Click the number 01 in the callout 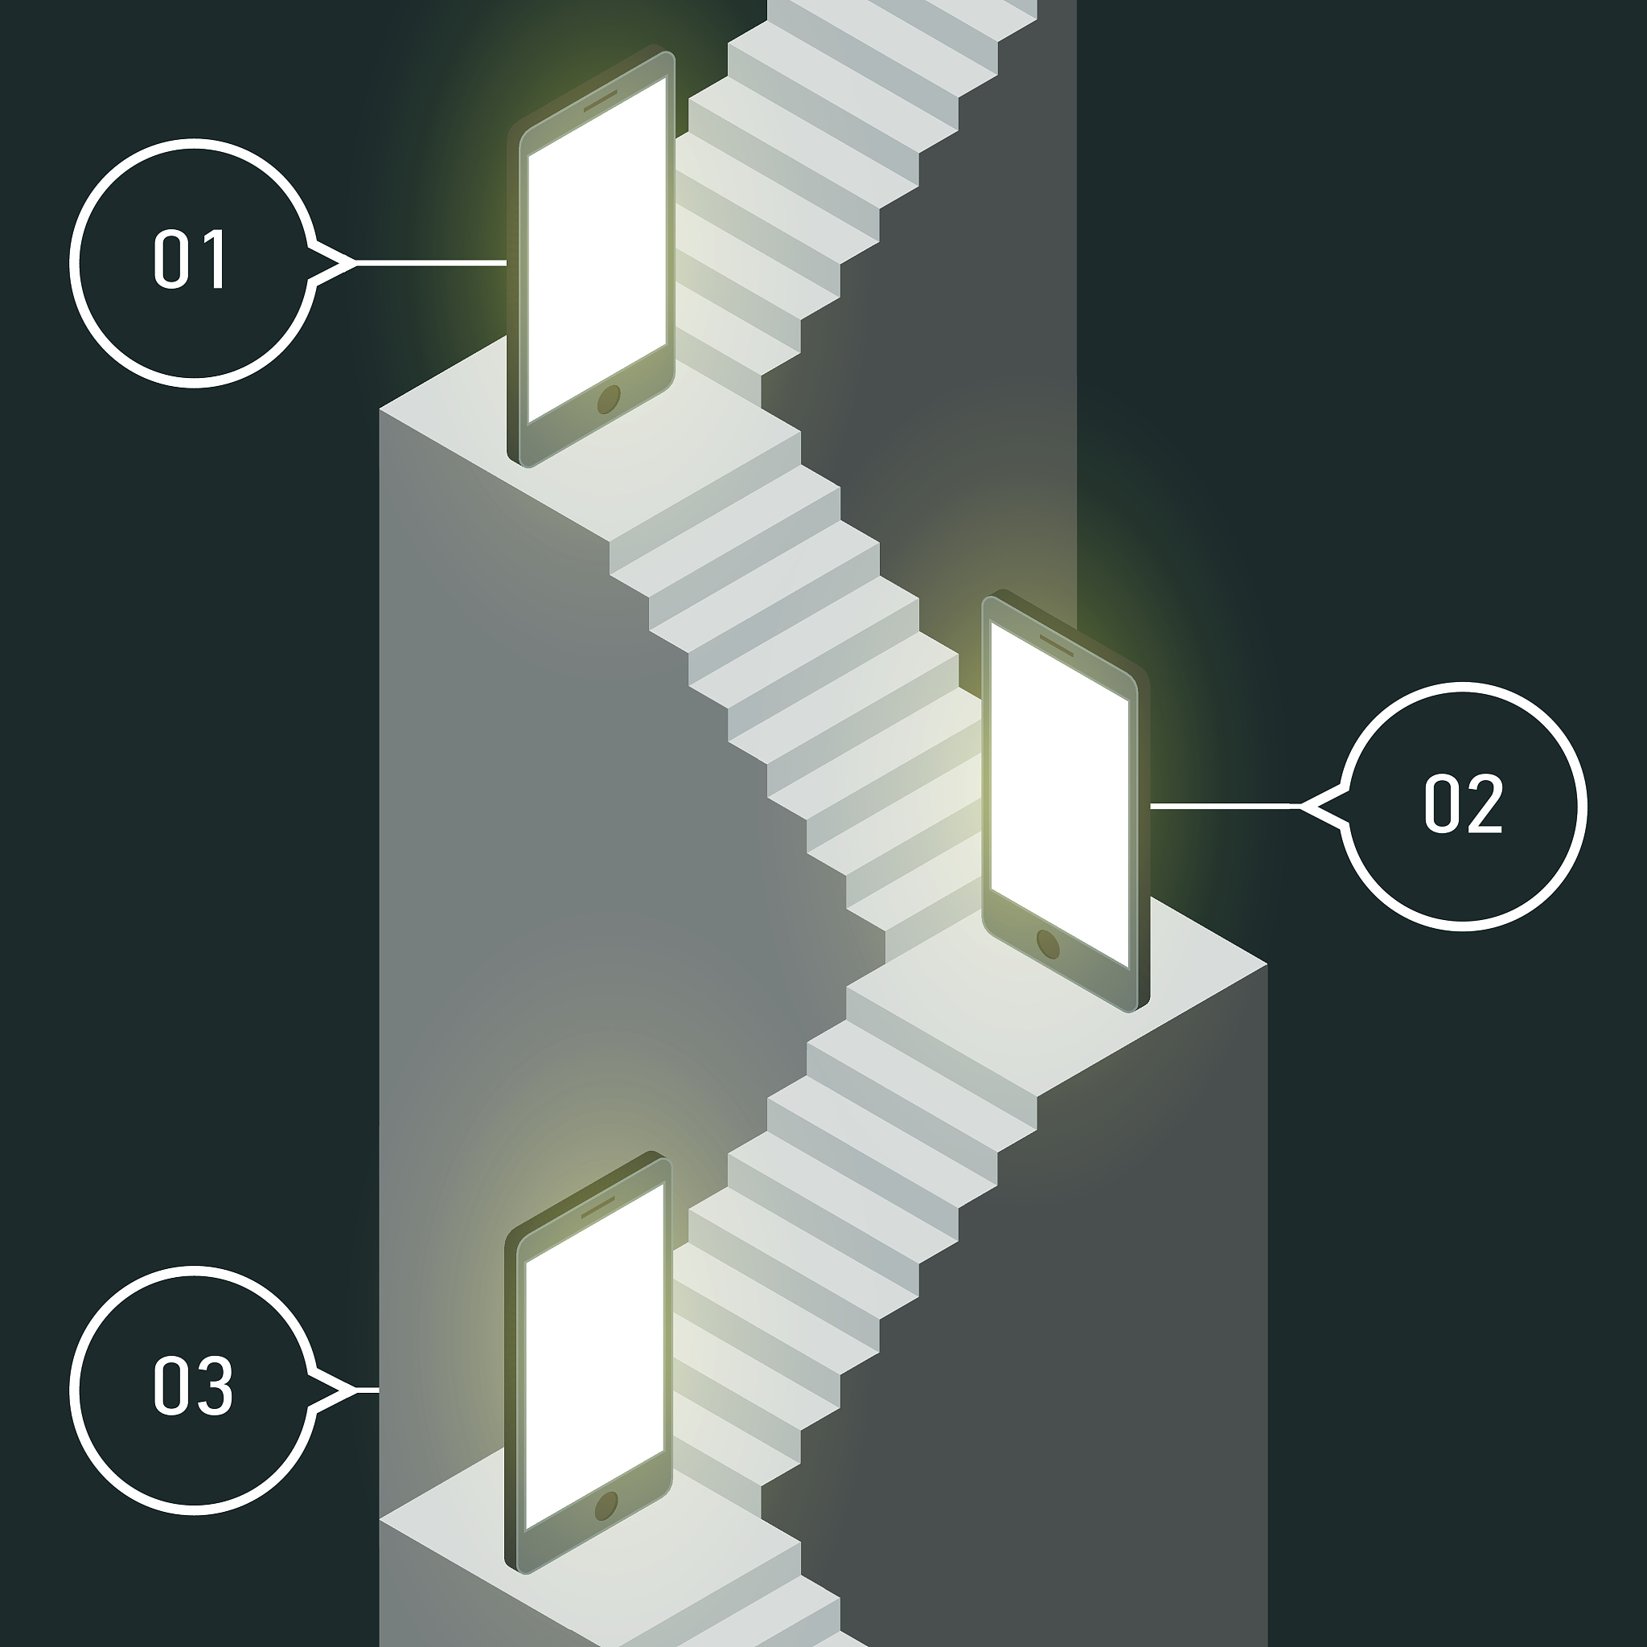pyautogui.click(x=189, y=259)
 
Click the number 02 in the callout pyautogui.click(x=1463, y=803)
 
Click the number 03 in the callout pyautogui.click(x=193, y=1386)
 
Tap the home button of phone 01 pyautogui.click(x=609, y=399)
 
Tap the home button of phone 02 pyautogui.click(x=1048, y=943)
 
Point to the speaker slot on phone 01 pyautogui.click(x=600, y=101)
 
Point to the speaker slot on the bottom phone pyautogui.click(x=598, y=1206)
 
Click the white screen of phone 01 pyautogui.click(x=597, y=250)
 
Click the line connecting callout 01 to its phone pyautogui.click(x=431, y=264)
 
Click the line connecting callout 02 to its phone pyautogui.click(x=1225, y=805)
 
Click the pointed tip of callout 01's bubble pyautogui.click(x=355, y=264)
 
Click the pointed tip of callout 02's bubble pyautogui.click(x=1301, y=806)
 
